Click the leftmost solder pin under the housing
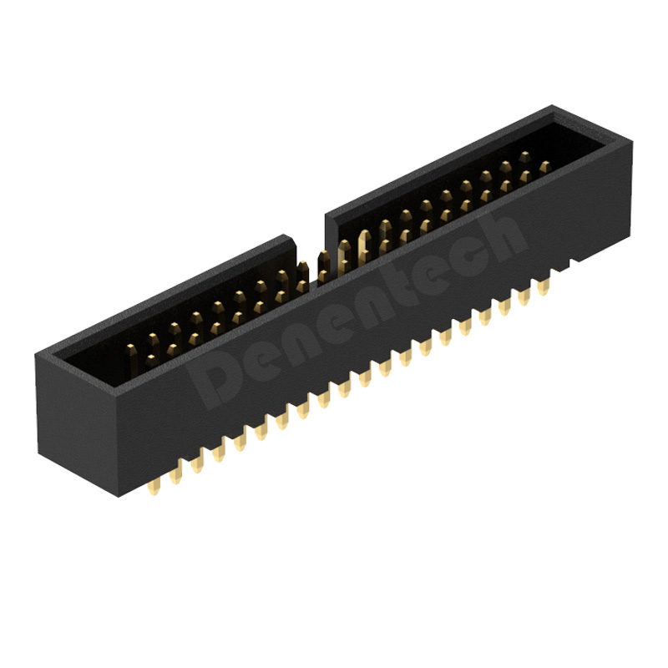tap(154, 487)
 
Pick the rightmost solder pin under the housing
tap(543, 287)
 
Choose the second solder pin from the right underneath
tap(524, 297)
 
